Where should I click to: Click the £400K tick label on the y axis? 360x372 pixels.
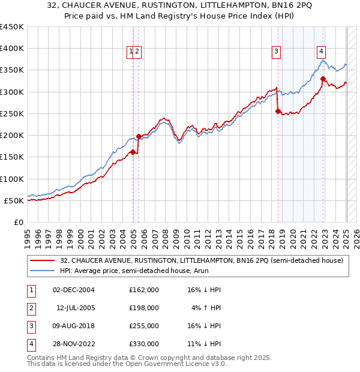[12, 49]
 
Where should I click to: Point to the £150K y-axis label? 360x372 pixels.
[12, 157]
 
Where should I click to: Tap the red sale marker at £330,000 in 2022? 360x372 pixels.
[323, 79]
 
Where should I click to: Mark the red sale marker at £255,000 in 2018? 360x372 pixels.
[278, 111]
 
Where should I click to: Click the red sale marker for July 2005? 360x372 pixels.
[139, 136]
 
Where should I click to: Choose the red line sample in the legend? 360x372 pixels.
[42, 260]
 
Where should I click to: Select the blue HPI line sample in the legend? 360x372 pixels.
[42, 271]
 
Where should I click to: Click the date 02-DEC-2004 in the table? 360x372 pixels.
[73, 290]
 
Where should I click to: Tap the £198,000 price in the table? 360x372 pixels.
[143, 308]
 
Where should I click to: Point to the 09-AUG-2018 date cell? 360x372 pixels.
[73, 326]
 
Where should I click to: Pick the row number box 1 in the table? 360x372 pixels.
[31, 290]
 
